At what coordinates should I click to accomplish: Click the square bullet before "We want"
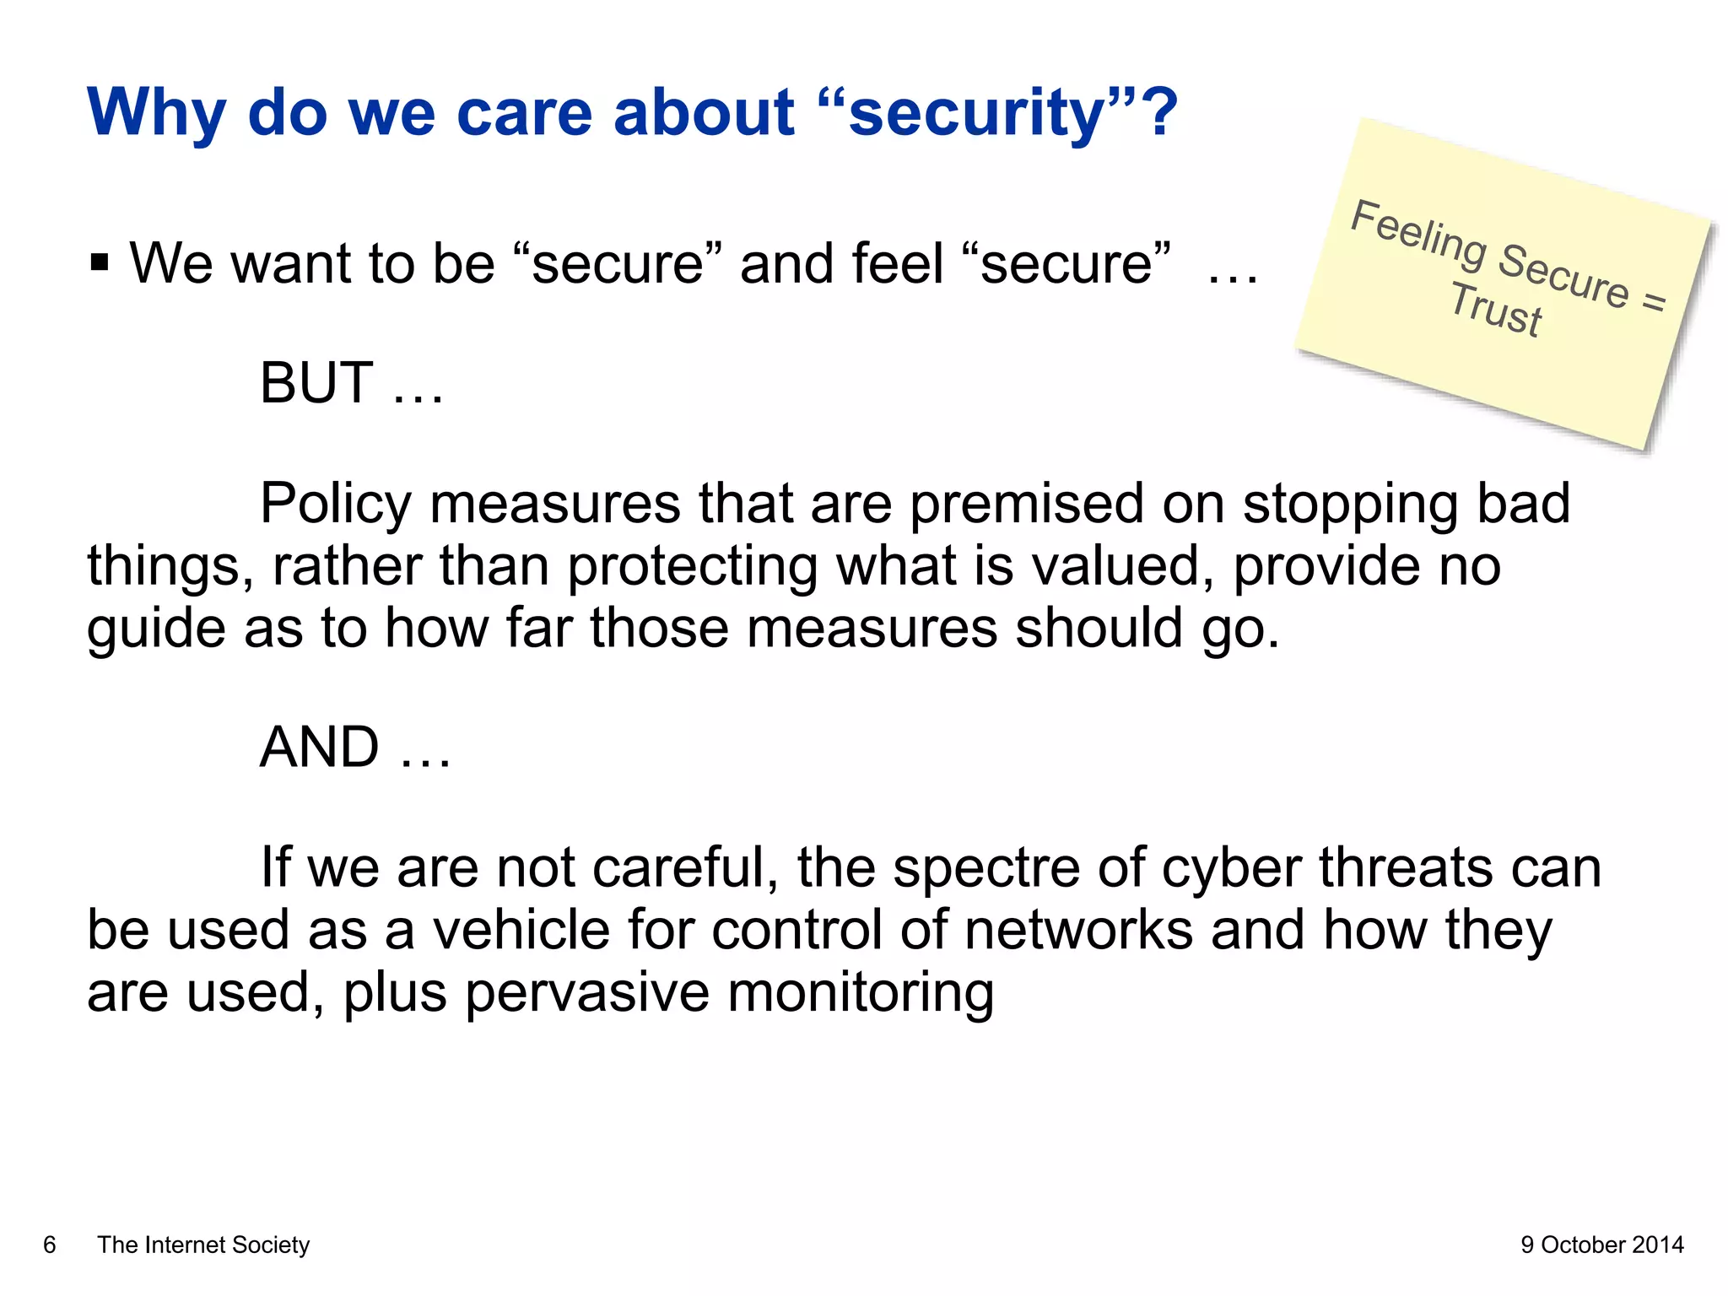point(100,263)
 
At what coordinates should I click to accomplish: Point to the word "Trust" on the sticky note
point(1495,310)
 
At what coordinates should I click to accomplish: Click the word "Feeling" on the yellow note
point(1417,234)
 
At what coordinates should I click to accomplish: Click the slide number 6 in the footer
point(50,1245)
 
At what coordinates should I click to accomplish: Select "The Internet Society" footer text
point(203,1245)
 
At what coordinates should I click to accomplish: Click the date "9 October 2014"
point(1601,1245)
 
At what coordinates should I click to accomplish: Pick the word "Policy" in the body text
point(335,505)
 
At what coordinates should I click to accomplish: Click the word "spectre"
point(986,868)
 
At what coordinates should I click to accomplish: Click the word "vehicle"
point(519,930)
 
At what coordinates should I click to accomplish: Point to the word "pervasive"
point(586,992)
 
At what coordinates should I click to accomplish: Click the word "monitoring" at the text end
point(861,992)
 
